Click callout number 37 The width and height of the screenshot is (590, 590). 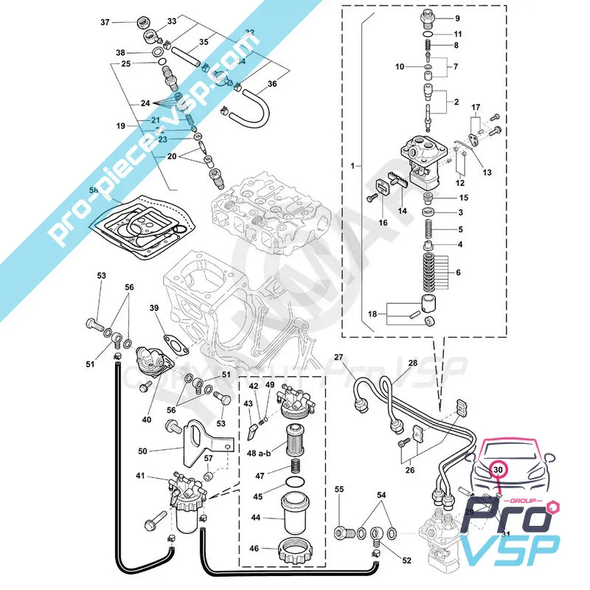(x=104, y=22)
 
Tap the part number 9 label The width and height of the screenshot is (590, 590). (x=457, y=17)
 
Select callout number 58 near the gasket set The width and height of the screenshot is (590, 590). (x=94, y=191)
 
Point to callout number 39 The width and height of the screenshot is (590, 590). (x=154, y=308)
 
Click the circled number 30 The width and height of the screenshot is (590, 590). (x=498, y=468)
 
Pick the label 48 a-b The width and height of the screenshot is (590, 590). (x=260, y=452)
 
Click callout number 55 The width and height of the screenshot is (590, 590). (x=340, y=489)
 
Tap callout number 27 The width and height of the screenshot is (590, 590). (x=339, y=358)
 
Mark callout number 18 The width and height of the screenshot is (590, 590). (x=372, y=314)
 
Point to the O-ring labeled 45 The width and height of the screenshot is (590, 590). (x=295, y=484)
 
